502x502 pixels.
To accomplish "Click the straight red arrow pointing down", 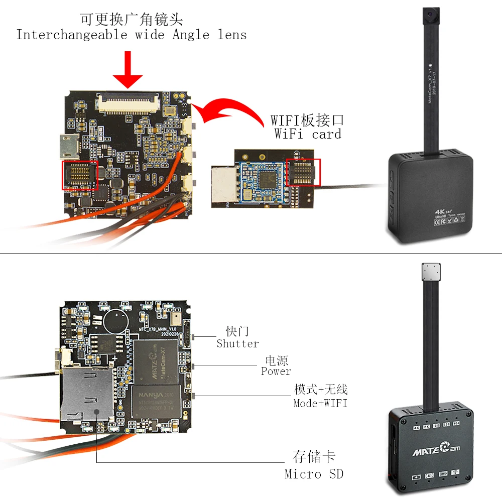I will [128, 71].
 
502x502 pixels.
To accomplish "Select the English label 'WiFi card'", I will [308, 134].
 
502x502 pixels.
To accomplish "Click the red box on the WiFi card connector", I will [303, 172].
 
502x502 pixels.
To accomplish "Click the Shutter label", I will [237, 344].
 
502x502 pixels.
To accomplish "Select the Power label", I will [276, 371].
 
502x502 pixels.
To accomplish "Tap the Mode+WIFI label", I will [320, 403].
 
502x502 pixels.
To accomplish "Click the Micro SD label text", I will [314, 473].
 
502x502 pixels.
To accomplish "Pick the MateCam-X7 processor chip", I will [156, 361].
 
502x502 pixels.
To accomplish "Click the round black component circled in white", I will [115, 317].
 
